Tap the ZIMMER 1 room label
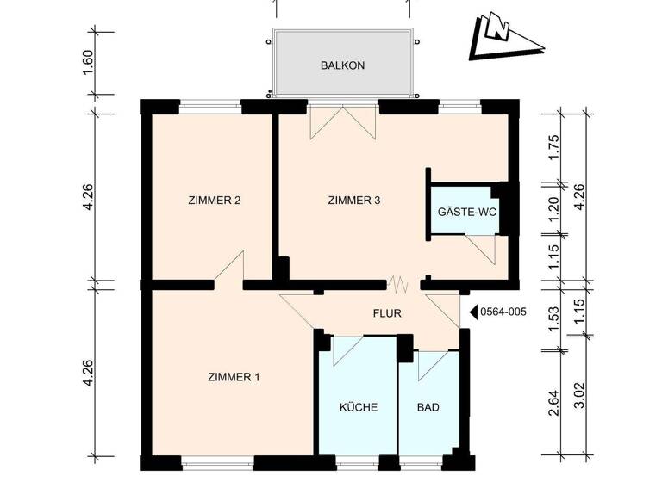pyautogui.click(x=234, y=377)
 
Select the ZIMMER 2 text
pyautogui.click(x=214, y=201)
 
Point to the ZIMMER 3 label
pyautogui.click(x=354, y=201)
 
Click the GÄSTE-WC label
pyautogui.click(x=467, y=211)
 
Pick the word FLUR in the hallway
pyautogui.click(x=387, y=314)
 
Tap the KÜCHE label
pyautogui.click(x=358, y=408)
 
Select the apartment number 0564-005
pyautogui.click(x=502, y=313)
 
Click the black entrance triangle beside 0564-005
pyautogui.click(x=472, y=313)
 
